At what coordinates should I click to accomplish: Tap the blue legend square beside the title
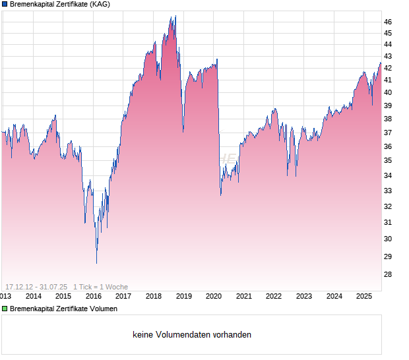point(4,4)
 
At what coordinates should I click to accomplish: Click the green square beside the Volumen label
point(4,309)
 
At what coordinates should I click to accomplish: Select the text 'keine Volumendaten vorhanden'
point(192,335)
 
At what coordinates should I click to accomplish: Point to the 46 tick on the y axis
point(388,22)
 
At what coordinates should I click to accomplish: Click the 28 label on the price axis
point(388,274)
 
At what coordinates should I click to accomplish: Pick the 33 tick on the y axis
point(388,191)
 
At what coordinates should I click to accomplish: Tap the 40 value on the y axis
point(388,92)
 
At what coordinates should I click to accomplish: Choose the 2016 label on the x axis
point(93,296)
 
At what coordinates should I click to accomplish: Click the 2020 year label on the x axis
point(214,296)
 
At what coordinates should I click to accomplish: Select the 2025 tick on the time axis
point(365,296)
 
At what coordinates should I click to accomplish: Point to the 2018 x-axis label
point(154,296)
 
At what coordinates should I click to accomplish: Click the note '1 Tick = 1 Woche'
point(101,287)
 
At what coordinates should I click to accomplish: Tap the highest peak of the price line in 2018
point(175,16)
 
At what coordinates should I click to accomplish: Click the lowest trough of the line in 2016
point(96,263)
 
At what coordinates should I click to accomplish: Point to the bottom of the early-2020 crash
point(220,195)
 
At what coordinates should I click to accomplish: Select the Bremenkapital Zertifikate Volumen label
point(63,309)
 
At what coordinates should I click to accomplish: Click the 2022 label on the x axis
point(274,296)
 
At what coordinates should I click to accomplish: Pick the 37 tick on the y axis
point(388,132)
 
